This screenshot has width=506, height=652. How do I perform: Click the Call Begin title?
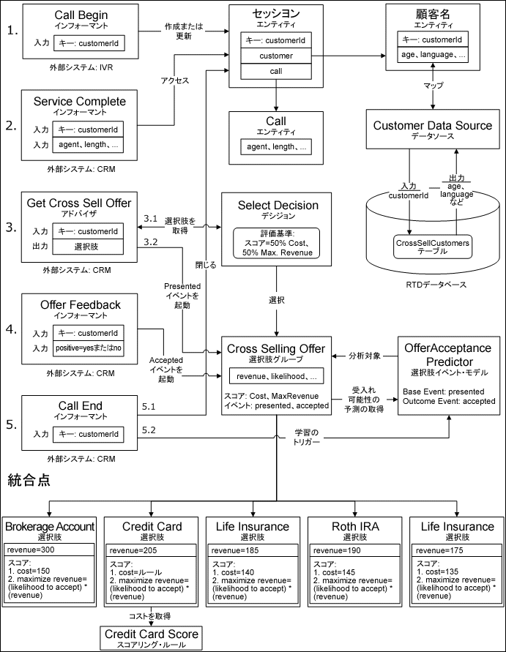81,15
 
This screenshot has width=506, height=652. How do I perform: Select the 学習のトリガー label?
318,438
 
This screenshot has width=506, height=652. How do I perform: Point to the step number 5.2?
149,429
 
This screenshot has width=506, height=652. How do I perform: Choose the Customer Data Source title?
432,125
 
